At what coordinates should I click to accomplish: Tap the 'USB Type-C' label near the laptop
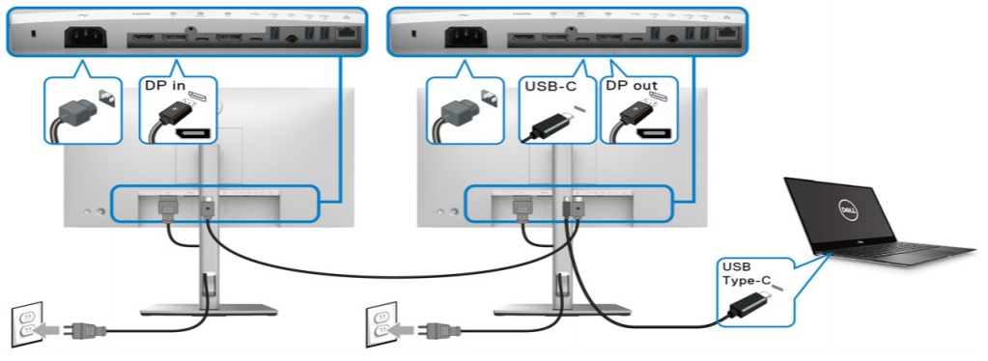pyautogui.click(x=744, y=273)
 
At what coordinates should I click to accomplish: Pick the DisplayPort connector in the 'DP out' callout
pyautogui.click(x=632, y=121)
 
